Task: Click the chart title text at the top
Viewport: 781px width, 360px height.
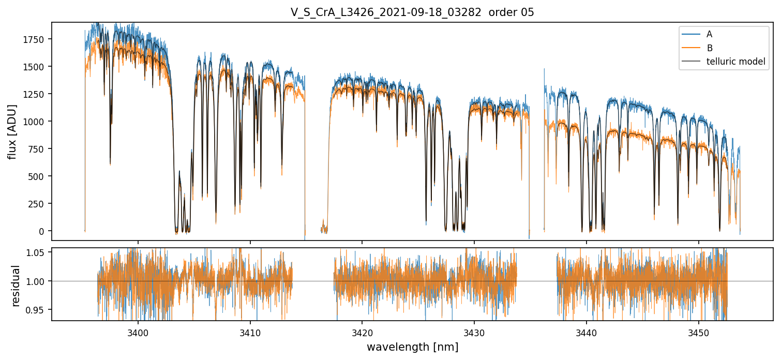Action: [412, 12]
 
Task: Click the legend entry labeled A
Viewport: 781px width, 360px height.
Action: [709, 34]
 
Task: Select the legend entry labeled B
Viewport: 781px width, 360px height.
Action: [709, 48]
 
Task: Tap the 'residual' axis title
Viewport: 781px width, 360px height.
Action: [16, 286]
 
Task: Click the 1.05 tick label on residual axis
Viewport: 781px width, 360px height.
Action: [37, 252]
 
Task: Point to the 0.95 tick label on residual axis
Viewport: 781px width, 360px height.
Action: [37, 310]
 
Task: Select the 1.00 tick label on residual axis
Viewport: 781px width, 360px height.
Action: [37, 281]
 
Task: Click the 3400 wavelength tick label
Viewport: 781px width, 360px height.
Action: [138, 331]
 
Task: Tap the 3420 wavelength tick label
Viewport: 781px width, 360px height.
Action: [362, 331]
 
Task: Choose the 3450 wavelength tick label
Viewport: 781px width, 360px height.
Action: [699, 331]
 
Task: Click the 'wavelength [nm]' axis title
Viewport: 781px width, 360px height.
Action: [412, 347]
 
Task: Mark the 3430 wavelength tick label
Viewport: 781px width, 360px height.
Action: [474, 331]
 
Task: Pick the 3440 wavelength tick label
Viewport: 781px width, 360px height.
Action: [587, 331]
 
